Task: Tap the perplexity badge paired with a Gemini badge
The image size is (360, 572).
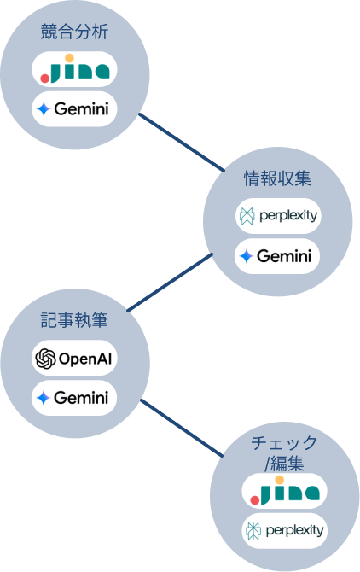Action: (277, 216)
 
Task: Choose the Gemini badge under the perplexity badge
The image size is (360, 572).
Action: (277, 256)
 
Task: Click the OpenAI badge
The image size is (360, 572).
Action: (73, 359)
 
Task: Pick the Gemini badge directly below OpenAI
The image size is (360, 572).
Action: (73, 398)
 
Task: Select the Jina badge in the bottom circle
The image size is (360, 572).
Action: (284, 490)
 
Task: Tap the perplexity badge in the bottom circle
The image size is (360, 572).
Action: (284, 530)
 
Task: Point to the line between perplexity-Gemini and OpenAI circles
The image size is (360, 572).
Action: (171, 283)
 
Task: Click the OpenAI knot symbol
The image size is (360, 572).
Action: (45, 359)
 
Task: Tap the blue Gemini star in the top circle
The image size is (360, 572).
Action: (44, 109)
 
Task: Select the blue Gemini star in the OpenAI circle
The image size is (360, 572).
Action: (44, 398)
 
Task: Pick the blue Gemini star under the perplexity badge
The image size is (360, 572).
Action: (247, 256)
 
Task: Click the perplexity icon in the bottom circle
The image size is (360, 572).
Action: (253, 530)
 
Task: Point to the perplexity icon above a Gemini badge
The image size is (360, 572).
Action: (247, 216)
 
